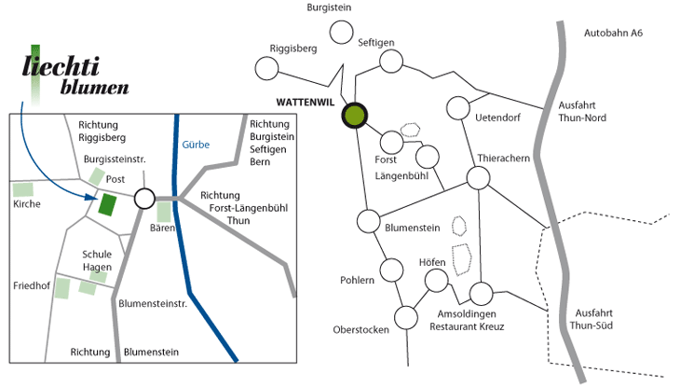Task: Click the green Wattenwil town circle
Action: pos(355,116)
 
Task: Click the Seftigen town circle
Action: pos(391,62)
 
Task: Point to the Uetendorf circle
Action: pos(457,108)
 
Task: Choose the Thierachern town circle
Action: pos(478,178)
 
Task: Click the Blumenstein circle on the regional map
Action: pos(368,222)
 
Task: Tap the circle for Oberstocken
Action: pos(406,317)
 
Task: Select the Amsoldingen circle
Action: pos(480,294)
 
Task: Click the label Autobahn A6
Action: pos(613,34)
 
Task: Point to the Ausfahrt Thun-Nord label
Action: pos(582,113)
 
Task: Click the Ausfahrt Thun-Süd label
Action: pos(599,318)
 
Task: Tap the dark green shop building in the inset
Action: pos(108,204)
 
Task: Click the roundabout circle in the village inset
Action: pos(144,199)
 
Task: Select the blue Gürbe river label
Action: pos(196,145)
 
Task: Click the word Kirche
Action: pos(27,203)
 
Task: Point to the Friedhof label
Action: pos(31,284)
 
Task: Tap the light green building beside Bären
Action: pos(163,212)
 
